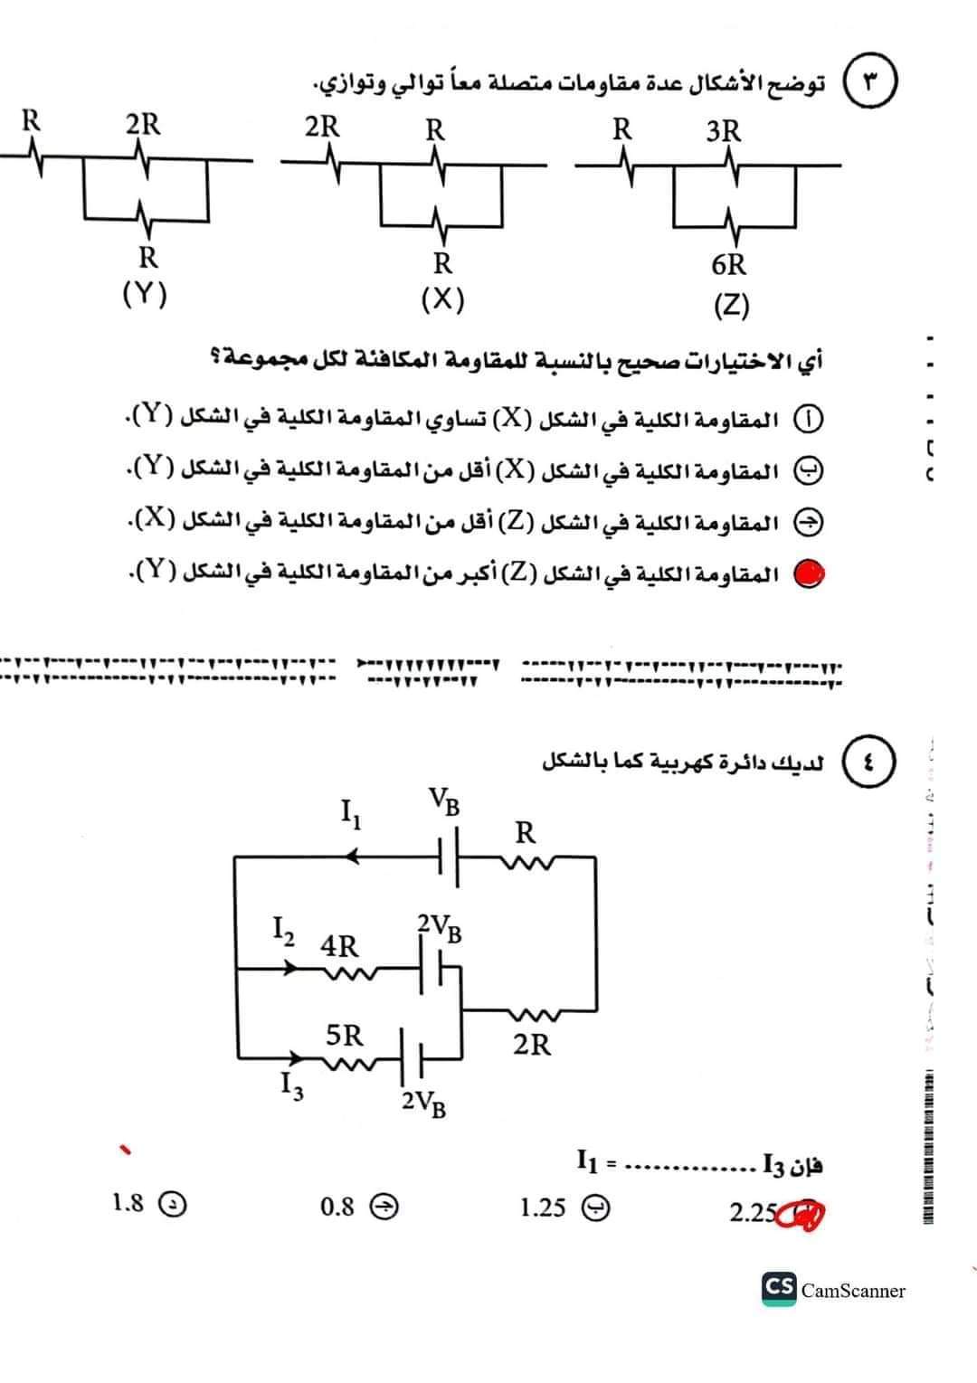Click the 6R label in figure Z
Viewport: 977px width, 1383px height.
pyautogui.click(x=729, y=265)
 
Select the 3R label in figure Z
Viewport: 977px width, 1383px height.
pyautogui.click(x=724, y=131)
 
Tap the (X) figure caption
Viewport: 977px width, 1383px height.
pyautogui.click(x=442, y=298)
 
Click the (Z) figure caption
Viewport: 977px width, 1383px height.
pyautogui.click(x=731, y=305)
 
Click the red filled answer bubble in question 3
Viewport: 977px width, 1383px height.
pyautogui.click(x=810, y=573)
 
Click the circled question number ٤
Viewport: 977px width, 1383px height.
pyautogui.click(x=869, y=761)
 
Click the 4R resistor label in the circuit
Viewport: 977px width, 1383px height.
pyautogui.click(x=339, y=946)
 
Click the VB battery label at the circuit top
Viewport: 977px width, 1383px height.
pyautogui.click(x=444, y=800)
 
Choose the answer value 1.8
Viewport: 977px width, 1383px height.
pyautogui.click(x=128, y=1202)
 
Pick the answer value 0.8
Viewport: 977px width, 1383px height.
pyautogui.click(x=337, y=1206)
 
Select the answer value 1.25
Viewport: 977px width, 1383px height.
pyautogui.click(x=543, y=1207)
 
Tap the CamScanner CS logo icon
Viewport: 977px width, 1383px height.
pyautogui.click(x=779, y=1288)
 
